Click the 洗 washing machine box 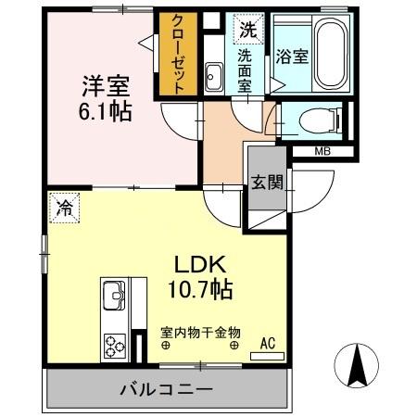coord(247,29)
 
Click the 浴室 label coord(292,57)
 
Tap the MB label coord(322,152)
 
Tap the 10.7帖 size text coord(195,289)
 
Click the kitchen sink coord(116,297)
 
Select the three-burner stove coord(116,346)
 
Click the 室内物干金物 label coord(200,332)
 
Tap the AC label coord(268,344)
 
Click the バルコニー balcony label coord(167,390)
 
